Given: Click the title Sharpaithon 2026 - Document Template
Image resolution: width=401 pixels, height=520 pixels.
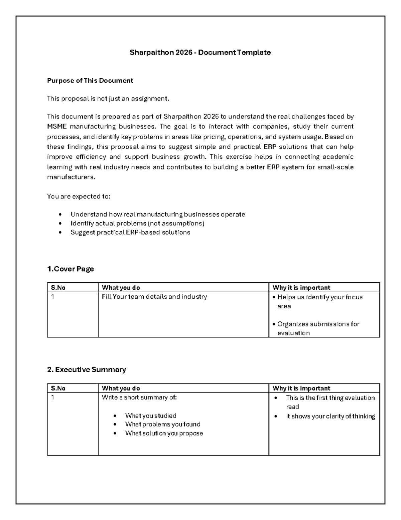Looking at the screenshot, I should (x=200, y=53).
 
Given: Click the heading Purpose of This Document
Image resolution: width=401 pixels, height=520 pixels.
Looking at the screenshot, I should (x=90, y=81).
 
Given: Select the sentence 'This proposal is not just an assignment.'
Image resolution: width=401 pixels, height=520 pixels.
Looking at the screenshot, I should (x=108, y=98).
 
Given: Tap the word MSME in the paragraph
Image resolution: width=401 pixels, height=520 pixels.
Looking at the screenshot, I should (x=57, y=127).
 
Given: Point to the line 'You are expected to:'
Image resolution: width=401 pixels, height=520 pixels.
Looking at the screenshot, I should (x=79, y=197).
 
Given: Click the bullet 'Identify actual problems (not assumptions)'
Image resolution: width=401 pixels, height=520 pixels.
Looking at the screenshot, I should (x=137, y=223).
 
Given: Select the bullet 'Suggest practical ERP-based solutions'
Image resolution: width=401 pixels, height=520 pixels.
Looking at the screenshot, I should (x=130, y=232).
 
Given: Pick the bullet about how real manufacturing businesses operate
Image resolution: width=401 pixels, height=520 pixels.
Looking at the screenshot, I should (x=158, y=214).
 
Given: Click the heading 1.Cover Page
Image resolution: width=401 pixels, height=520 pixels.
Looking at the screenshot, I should (x=71, y=269).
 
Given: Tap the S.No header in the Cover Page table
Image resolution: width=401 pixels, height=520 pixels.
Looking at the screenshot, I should (x=58, y=288).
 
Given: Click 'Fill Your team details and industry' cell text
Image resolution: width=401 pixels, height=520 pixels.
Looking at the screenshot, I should (x=154, y=297).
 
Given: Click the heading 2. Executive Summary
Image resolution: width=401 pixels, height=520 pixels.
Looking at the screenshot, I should (x=87, y=370).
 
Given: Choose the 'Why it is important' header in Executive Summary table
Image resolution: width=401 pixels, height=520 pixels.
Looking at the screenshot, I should (x=301, y=388).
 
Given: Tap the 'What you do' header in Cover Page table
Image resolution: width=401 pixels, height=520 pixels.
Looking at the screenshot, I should (x=121, y=288).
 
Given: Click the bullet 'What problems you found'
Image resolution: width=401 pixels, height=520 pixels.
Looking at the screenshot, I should (x=163, y=424).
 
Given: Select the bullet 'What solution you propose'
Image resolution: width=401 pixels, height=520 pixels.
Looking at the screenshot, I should (x=164, y=433).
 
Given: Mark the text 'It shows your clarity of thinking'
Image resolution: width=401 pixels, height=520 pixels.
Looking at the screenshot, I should (x=330, y=417).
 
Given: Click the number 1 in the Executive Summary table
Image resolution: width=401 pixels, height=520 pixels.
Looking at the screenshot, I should (x=52, y=397).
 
